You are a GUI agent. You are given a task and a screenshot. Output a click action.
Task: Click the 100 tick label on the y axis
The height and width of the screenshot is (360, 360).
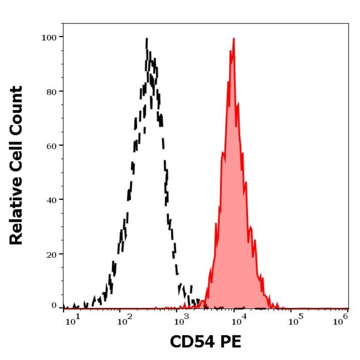[49, 37]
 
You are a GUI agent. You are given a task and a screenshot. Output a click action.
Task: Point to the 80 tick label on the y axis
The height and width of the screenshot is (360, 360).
[51, 91]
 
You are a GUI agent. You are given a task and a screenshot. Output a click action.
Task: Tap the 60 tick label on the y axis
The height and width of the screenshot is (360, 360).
[51, 145]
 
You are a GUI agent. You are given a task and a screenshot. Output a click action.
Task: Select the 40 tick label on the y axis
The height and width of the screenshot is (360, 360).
[51, 199]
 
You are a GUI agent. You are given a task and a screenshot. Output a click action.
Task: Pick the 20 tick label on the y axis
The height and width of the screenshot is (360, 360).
[51, 254]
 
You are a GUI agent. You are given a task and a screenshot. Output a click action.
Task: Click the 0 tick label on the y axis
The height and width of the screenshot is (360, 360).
[54, 305]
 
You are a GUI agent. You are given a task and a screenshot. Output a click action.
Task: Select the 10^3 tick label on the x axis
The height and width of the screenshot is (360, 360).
[181, 321]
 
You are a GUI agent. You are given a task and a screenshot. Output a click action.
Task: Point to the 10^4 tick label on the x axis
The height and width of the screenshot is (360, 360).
[238, 321]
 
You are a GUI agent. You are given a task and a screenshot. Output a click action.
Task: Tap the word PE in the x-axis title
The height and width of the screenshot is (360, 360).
[230, 342]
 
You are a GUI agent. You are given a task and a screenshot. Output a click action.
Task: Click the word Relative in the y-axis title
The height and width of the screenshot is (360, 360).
[16, 213]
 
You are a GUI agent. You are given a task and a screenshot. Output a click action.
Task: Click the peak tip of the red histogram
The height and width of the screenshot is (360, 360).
[233, 39]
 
